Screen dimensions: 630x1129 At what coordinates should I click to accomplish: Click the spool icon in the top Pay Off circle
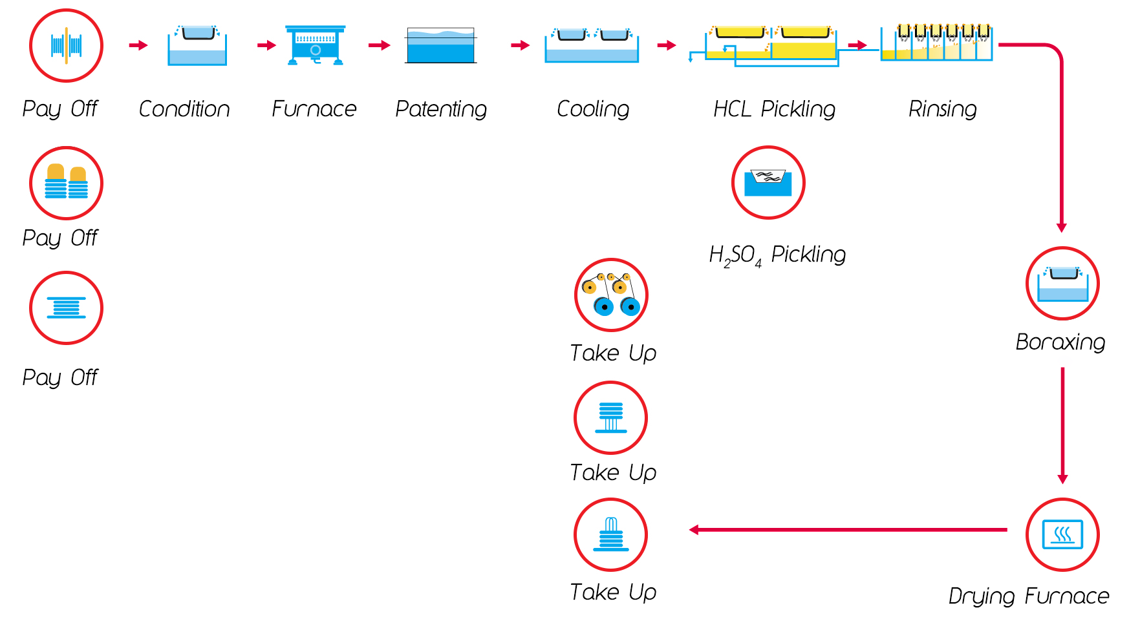coord(66,45)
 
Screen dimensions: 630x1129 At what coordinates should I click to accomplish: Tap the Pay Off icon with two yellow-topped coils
coord(66,183)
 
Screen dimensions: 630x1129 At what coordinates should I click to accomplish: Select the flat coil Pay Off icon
coord(66,308)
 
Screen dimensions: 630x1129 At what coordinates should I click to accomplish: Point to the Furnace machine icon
coord(315,45)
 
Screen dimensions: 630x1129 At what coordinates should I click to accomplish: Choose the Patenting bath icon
coord(441,45)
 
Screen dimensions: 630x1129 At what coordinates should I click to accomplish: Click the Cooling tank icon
coord(592,45)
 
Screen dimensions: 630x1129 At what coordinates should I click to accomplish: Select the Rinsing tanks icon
coord(936,43)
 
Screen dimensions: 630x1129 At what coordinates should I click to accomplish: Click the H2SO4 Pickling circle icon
coord(768,183)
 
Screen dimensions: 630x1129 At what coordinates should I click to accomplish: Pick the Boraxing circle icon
coord(1062,283)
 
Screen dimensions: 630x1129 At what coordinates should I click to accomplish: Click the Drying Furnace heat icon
coord(1062,534)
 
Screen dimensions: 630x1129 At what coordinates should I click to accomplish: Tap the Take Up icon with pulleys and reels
coord(611,295)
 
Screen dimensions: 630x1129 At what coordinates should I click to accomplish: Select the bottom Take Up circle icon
coord(610,534)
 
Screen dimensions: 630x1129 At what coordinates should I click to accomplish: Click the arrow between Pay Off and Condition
coord(138,45)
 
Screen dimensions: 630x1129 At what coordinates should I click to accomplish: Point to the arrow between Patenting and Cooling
coord(520,45)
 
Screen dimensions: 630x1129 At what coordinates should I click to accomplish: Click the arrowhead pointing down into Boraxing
coord(1061,227)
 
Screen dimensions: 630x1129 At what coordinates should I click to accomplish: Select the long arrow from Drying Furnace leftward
coord(847,530)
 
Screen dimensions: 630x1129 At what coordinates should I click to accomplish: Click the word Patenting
coord(441,109)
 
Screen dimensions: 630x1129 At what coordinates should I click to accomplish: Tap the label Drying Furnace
coord(1028,596)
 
